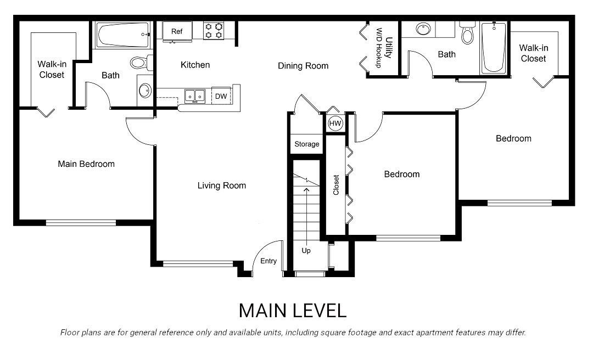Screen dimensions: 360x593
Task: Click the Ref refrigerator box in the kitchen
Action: pos(177,31)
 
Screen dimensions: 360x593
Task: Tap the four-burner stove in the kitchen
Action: pos(214,30)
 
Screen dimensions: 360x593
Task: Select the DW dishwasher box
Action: pos(221,96)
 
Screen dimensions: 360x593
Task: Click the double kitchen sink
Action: pos(194,96)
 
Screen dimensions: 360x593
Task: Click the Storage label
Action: pos(306,144)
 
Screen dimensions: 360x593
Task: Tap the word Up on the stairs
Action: pos(306,251)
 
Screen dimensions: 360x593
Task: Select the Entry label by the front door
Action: pos(268,261)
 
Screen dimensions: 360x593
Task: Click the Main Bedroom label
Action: pos(86,164)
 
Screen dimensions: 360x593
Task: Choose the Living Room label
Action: pos(222,185)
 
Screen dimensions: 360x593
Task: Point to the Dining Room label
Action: pos(303,66)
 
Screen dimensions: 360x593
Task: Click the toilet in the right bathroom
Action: pos(467,35)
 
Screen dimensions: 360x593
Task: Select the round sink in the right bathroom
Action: pos(423,29)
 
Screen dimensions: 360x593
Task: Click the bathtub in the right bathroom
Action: pos(494,47)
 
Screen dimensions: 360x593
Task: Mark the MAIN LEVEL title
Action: pos(293,311)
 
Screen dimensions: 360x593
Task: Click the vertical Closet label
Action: pos(336,185)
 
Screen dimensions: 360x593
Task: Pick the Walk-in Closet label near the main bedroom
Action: pos(52,70)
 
